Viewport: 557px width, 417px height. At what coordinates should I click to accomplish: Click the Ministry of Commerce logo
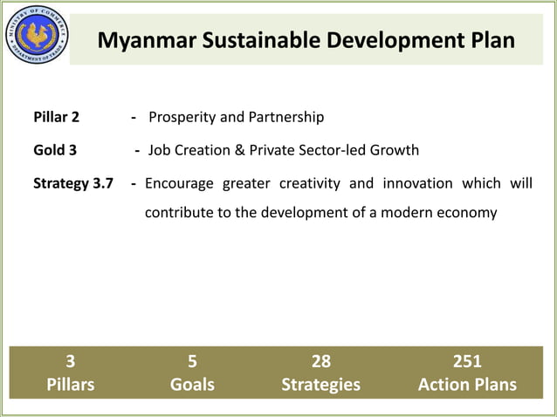36,35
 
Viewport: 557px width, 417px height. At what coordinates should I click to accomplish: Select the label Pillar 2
57,117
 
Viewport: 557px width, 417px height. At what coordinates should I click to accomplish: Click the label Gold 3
55,150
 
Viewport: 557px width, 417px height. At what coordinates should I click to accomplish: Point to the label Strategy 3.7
72,183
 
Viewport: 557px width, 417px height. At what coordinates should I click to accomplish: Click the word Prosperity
182,117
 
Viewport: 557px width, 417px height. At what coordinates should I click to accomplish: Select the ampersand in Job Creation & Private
238,150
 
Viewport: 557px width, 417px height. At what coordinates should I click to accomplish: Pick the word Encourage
179,183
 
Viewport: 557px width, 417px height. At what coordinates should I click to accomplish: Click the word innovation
415,183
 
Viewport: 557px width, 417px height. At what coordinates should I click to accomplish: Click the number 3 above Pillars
71,361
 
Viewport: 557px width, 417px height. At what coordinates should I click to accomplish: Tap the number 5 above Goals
192,361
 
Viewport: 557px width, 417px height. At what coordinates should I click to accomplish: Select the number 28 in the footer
320,361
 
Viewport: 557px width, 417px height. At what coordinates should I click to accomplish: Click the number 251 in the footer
467,361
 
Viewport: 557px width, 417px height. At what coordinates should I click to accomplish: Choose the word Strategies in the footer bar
320,385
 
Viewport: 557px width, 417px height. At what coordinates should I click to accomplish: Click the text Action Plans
467,385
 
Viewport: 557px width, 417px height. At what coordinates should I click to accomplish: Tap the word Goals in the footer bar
192,385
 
